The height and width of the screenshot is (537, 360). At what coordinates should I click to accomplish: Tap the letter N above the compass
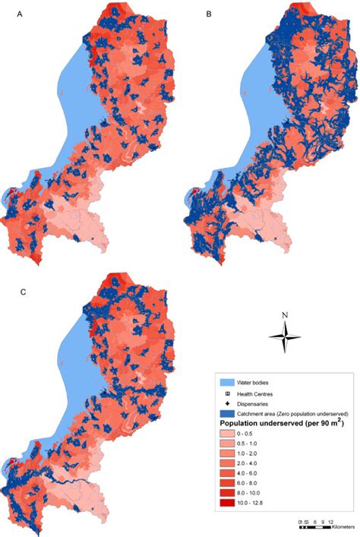click(x=284, y=315)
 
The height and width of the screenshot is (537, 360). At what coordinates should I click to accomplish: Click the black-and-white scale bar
click(x=315, y=527)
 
